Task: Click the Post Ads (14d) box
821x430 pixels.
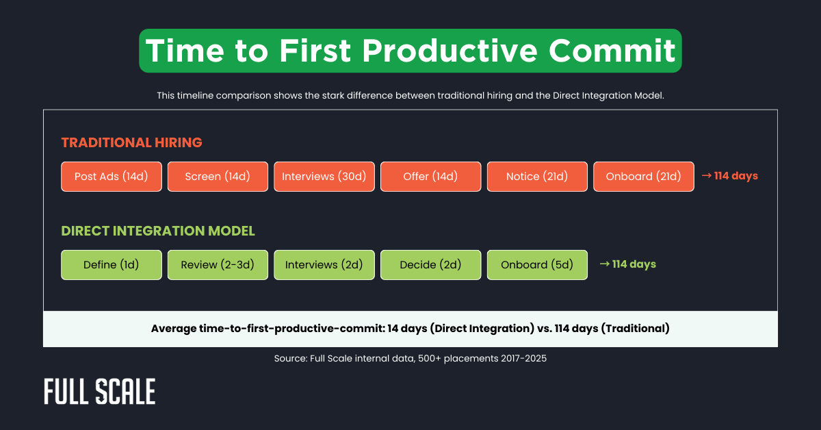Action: click(112, 177)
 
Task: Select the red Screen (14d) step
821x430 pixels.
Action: click(218, 177)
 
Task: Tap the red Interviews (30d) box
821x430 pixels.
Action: click(324, 177)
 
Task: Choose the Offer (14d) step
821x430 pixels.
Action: click(430, 177)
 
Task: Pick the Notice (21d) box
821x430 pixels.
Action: click(537, 177)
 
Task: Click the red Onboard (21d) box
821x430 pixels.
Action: click(643, 177)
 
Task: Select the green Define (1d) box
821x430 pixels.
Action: click(112, 265)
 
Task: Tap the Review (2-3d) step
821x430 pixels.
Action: click(218, 265)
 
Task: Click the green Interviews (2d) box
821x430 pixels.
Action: click(324, 265)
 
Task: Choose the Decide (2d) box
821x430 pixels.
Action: click(430, 265)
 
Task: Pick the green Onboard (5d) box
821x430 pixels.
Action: click(537, 265)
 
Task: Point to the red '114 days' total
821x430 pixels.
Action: click(730, 176)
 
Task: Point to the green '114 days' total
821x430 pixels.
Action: click(627, 264)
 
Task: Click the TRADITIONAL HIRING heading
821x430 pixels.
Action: click(131, 142)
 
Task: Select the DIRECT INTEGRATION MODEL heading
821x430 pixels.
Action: click(158, 231)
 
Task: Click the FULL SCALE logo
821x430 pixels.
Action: click(100, 391)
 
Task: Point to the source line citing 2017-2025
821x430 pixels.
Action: click(410, 358)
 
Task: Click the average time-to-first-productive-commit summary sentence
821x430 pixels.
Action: click(410, 329)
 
